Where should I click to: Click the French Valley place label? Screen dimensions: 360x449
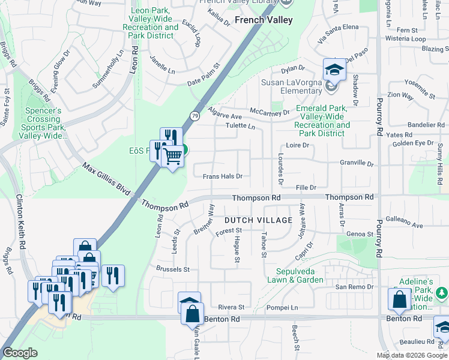(264, 20)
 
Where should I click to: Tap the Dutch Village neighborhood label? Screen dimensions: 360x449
(259, 220)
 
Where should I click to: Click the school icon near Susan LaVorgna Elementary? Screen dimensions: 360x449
(334, 71)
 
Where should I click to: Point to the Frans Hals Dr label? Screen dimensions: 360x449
(222, 176)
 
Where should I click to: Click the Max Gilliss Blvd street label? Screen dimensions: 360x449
(106, 178)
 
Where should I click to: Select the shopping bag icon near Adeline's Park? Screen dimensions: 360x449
(399, 301)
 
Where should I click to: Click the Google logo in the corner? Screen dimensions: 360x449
(20, 353)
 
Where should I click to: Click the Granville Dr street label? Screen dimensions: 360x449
(357, 163)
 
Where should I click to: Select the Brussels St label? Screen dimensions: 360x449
(172, 269)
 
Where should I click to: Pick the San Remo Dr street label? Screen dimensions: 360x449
(354, 287)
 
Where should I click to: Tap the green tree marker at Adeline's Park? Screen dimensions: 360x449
(442, 293)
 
